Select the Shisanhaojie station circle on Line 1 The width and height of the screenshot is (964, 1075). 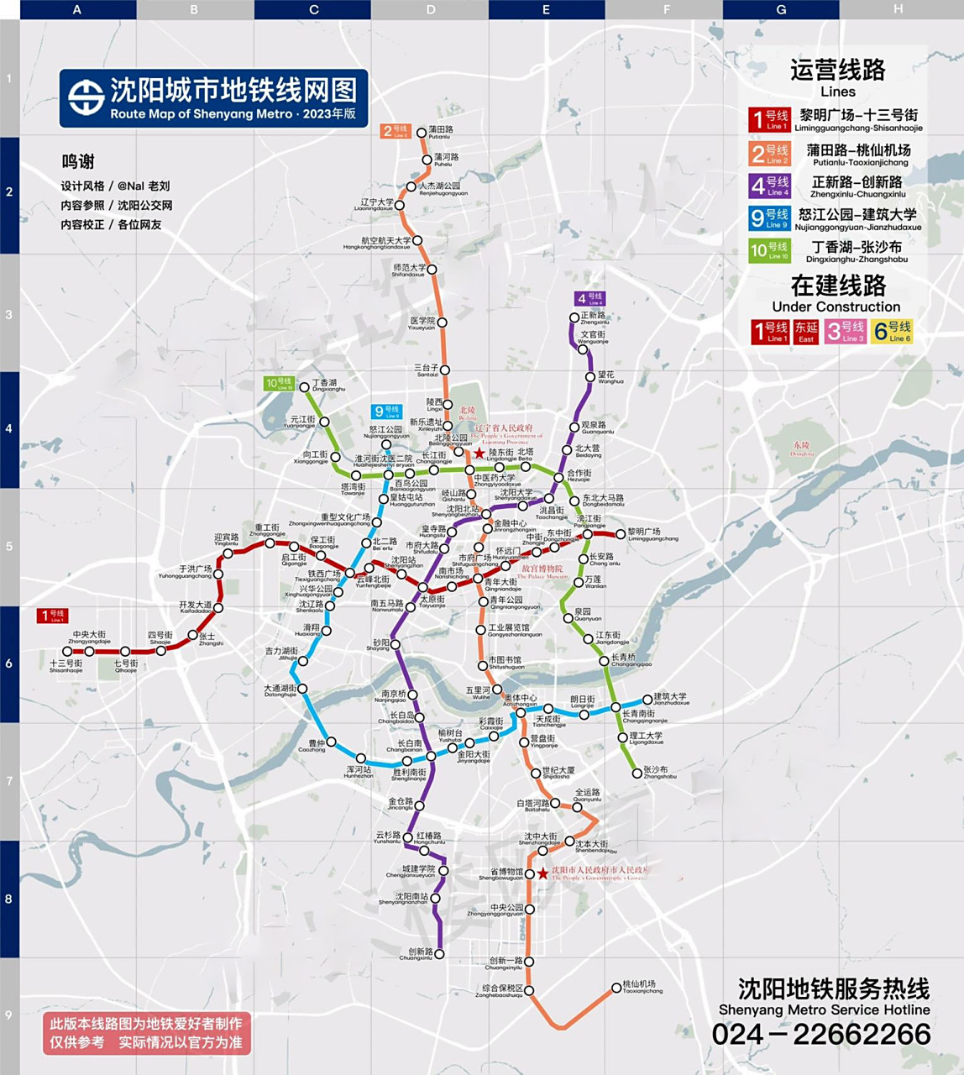[68, 652]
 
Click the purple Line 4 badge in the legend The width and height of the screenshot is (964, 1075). [769, 186]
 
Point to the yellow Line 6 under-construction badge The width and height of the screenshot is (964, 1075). [892, 331]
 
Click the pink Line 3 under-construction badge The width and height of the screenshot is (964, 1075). [845, 331]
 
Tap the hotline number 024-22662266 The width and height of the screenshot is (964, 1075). [821, 1034]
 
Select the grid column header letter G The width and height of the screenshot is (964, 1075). [781, 10]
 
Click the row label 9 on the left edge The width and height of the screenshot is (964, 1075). [9, 1015]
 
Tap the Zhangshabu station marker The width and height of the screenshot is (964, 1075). [637, 773]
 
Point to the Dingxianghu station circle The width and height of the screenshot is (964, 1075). [305, 387]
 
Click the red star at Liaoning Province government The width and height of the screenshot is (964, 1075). [479, 453]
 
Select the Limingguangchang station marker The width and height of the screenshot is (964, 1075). [621, 534]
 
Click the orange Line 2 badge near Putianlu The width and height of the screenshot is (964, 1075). [395, 131]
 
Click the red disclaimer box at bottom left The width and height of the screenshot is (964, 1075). [147, 1033]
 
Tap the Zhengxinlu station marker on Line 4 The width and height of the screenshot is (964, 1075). [574, 318]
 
